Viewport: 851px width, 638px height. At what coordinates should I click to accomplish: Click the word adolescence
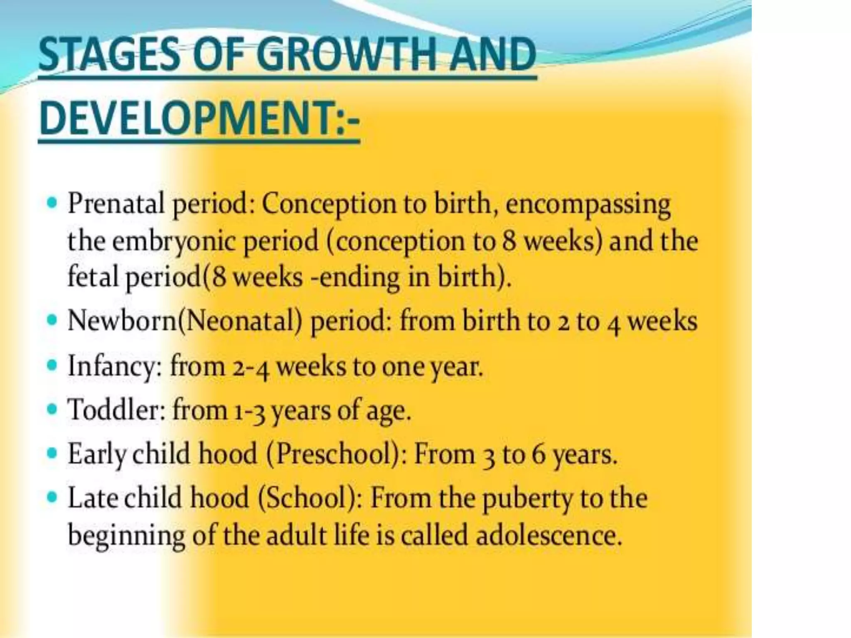tap(548, 535)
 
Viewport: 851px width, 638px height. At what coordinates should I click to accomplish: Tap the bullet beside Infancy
tap(52, 366)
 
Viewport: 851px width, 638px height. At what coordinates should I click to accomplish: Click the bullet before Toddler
tap(52, 410)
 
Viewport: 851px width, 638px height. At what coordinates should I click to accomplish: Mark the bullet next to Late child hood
tap(52, 496)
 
